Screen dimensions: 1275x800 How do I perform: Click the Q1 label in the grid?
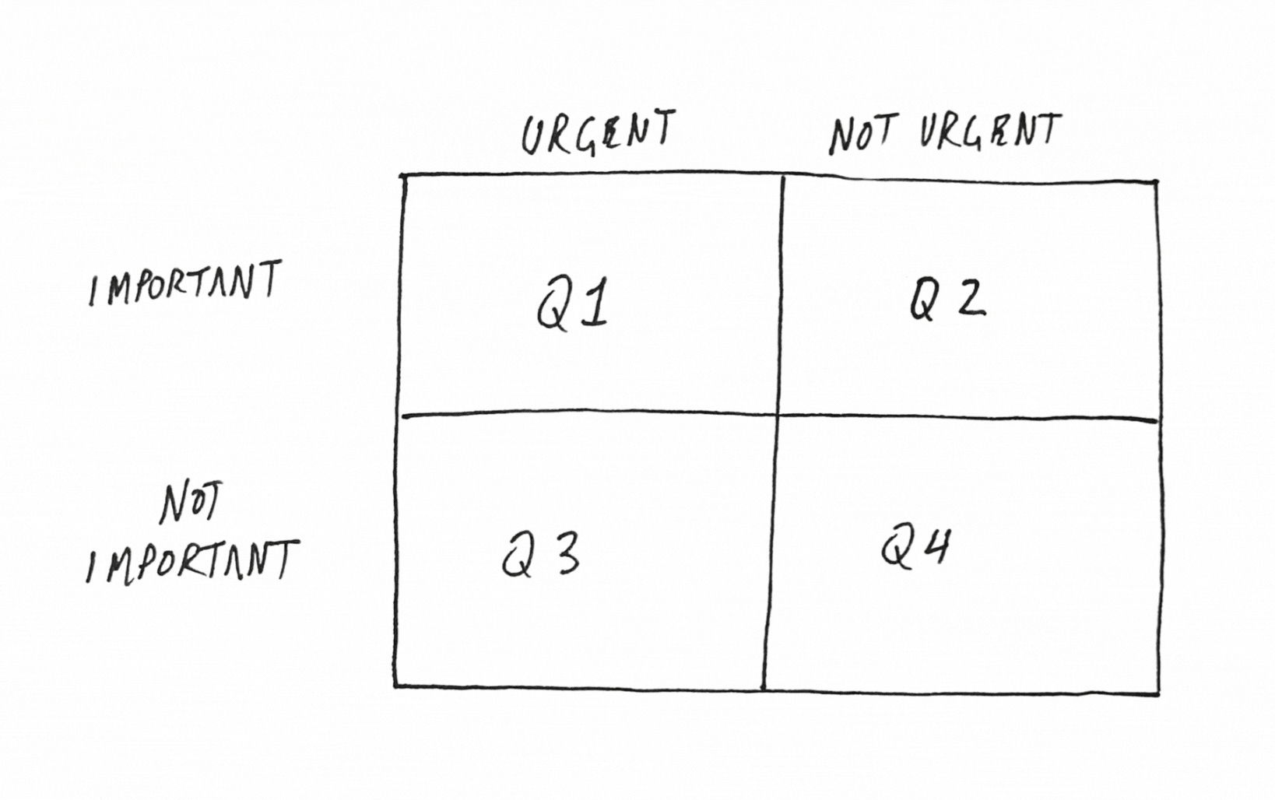(572, 305)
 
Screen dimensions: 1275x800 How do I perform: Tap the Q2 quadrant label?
(947, 298)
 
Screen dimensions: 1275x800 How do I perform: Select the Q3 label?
(541, 555)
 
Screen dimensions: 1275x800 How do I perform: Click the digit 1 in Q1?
(593, 305)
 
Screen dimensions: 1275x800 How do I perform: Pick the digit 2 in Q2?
(971, 298)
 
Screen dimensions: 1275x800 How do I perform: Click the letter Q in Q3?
(516, 557)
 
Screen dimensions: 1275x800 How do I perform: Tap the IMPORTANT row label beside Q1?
(184, 283)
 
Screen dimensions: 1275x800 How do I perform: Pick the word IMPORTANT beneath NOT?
(191, 560)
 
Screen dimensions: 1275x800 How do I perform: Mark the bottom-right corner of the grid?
(1158, 692)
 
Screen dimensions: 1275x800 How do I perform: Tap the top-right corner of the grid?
(1156, 183)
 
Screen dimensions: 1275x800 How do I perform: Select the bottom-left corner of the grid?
(395, 686)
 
